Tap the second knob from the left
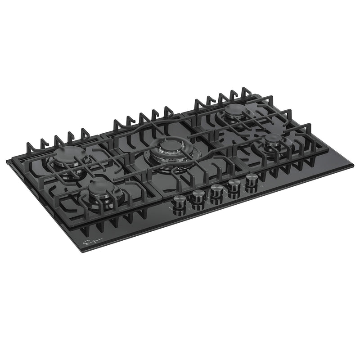(198, 195)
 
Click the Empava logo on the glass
(93, 243)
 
